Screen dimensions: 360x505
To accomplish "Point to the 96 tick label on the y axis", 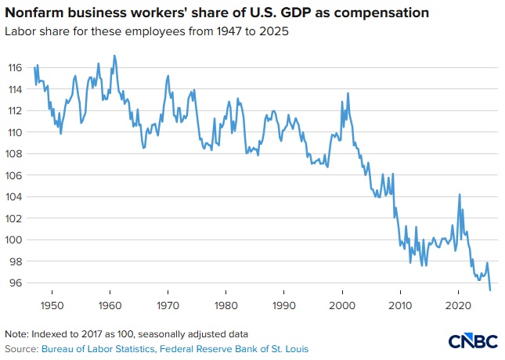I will coord(16,283).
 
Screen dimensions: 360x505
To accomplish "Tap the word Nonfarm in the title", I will coord(34,13).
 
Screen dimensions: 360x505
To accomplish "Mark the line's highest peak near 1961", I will coord(114,56).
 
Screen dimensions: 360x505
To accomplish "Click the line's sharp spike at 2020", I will coord(460,194).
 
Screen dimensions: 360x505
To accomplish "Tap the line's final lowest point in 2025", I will coord(490,290).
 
